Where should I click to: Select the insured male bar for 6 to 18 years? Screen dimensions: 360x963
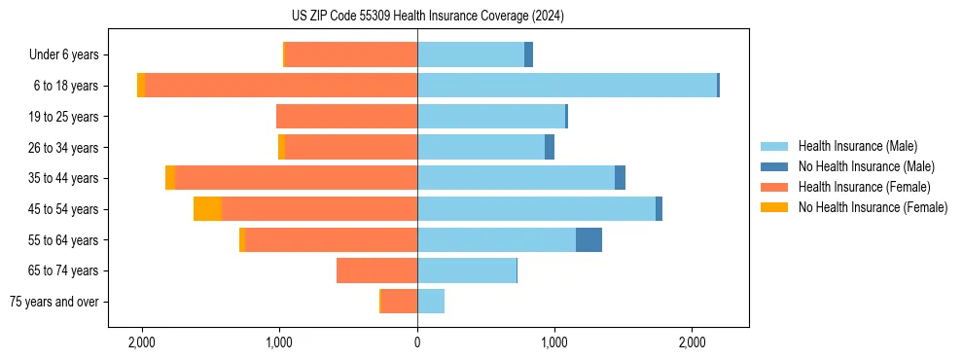(x=567, y=86)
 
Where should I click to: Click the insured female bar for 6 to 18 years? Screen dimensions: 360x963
(x=281, y=86)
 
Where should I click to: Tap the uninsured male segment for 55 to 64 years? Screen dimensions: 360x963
(x=588, y=240)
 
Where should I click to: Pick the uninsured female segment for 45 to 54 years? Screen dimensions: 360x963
(x=207, y=209)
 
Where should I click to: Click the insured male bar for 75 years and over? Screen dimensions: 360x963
(x=431, y=302)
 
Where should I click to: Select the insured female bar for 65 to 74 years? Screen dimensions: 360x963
(x=377, y=270)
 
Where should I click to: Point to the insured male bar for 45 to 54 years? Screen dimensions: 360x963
(x=536, y=209)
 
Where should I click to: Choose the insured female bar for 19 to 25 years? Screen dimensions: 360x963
(x=347, y=117)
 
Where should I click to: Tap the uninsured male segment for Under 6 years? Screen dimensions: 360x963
(x=528, y=54)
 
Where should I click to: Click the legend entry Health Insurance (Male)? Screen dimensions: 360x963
(x=857, y=146)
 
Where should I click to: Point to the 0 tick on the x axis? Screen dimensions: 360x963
(x=417, y=342)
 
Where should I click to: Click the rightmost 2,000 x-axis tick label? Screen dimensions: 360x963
(x=692, y=342)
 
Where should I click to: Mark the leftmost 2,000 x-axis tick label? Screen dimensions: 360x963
(x=142, y=342)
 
